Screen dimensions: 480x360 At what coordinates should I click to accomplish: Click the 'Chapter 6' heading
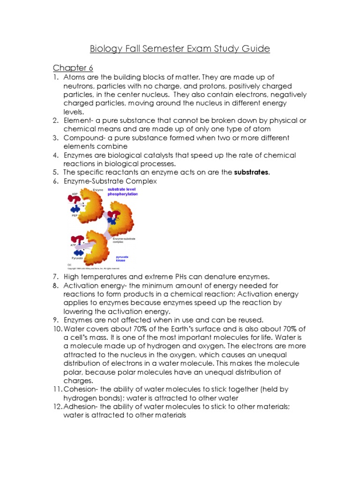click(73, 68)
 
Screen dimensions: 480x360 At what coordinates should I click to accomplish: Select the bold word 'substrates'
click(252, 172)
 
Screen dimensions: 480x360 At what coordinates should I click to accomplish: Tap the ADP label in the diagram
click(75, 193)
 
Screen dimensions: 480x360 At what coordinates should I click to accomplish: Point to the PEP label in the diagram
click(75, 216)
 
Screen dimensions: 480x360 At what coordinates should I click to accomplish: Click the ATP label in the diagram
click(73, 245)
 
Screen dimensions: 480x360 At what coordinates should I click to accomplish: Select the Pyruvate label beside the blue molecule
click(77, 258)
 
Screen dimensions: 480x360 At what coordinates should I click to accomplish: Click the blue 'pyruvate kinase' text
click(122, 259)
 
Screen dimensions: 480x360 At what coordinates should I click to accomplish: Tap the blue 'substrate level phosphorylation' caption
click(123, 192)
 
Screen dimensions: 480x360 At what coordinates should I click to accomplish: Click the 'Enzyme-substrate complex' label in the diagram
click(124, 240)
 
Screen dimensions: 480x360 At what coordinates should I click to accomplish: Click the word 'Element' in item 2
click(77, 120)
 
